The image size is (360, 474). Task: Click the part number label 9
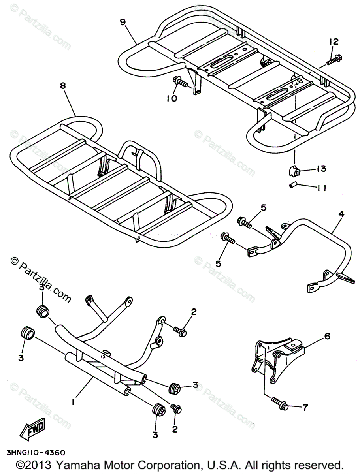tap(123, 21)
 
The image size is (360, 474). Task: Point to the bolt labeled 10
tap(180, 83)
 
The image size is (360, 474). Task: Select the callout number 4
tap(341, 215)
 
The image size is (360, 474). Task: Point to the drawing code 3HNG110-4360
tap(36, 453)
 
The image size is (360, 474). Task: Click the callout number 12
tap(333, 41)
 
